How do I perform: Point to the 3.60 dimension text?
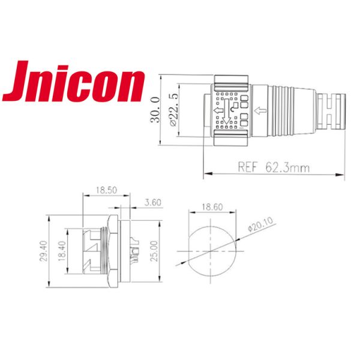pos(154,203)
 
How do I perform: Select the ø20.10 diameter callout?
pos(259,224)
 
